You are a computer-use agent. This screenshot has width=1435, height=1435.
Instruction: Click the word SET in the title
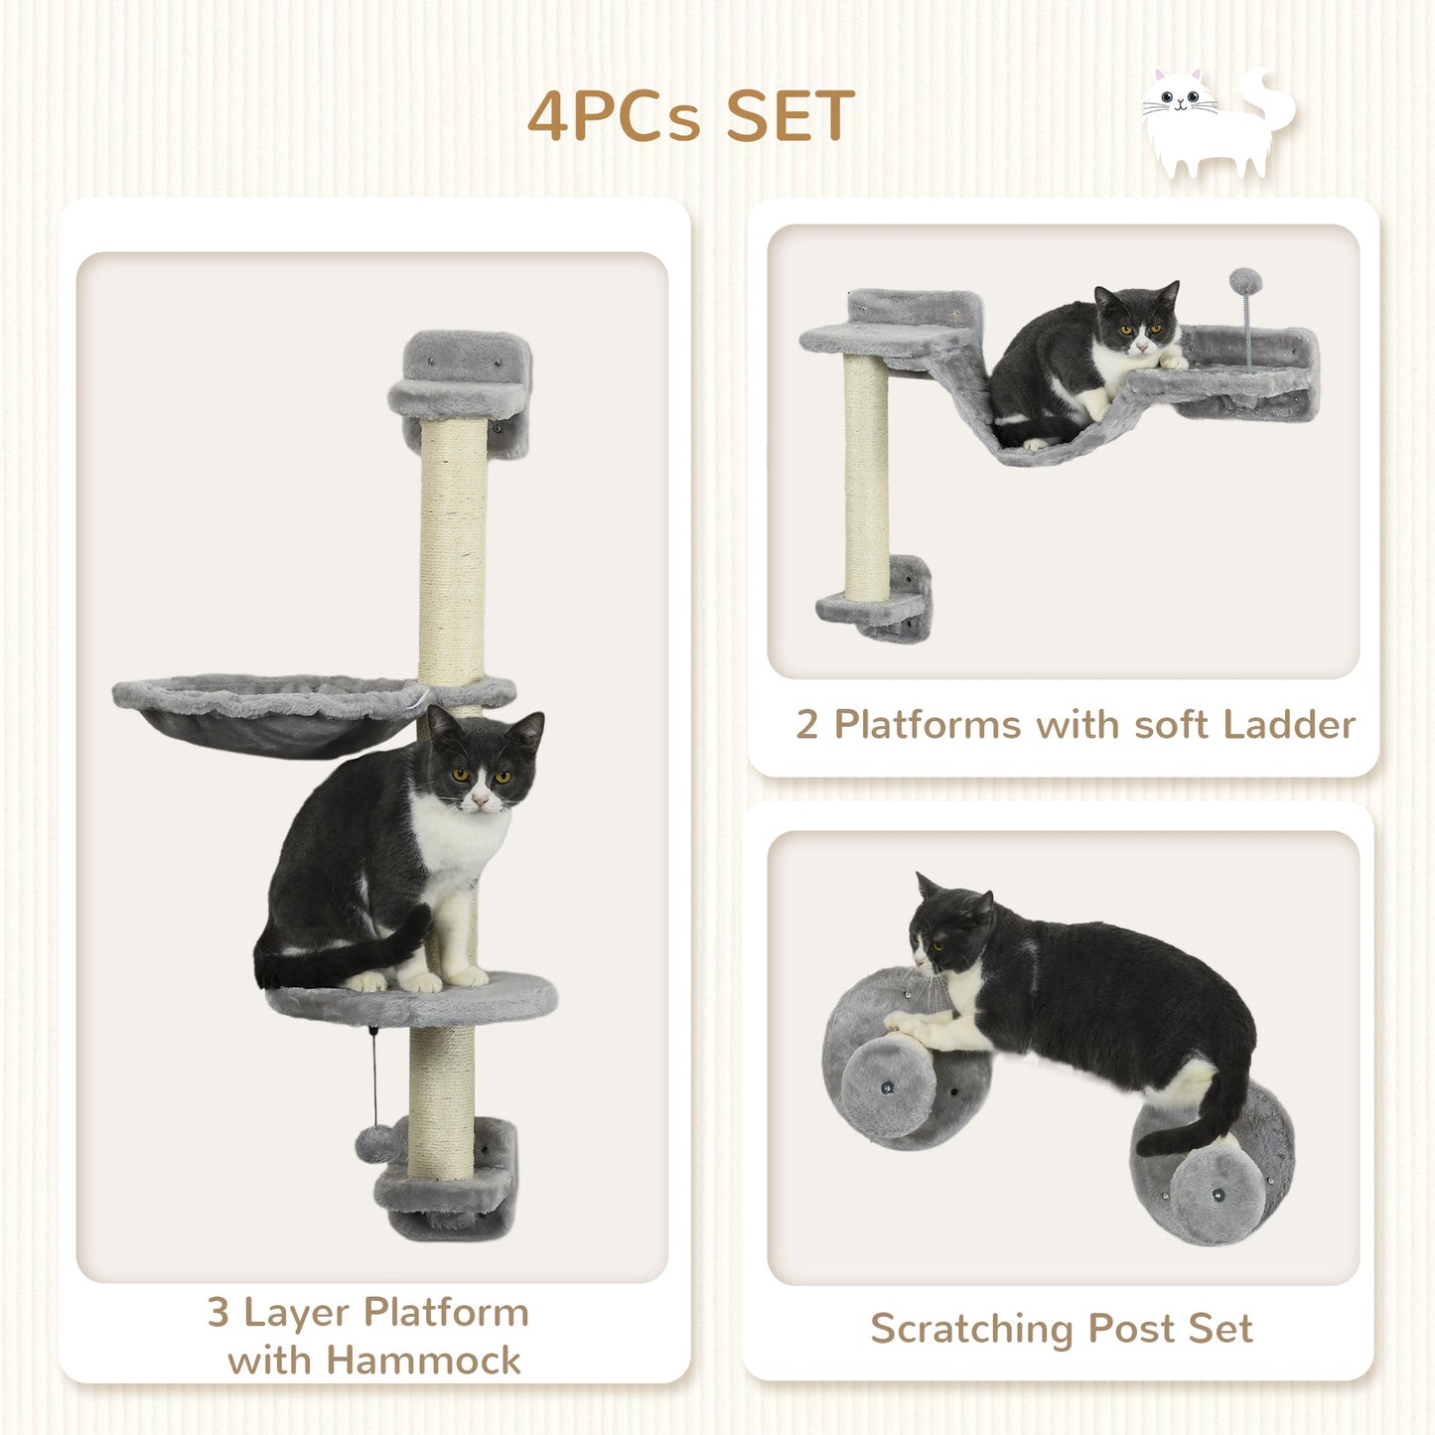(x=789, y=116)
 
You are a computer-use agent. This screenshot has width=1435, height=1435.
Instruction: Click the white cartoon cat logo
(x=1217, y=124)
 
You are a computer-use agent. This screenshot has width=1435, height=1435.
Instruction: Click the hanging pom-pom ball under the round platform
(x=371, y=1145)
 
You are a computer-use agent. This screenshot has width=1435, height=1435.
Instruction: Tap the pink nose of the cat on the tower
(x=481, y=799)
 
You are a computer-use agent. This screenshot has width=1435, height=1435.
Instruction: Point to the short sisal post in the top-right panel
(x=866, y=477)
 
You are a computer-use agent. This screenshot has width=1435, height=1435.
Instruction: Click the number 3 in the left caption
(x=218, y=1313)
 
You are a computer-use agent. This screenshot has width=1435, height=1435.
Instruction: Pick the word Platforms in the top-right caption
(x=927, y=725)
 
